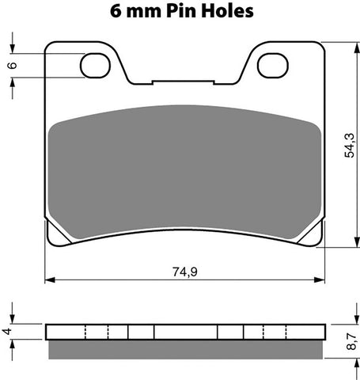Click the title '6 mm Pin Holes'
click(180, 11)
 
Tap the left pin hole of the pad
click(96, 63)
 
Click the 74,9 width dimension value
click(184, 271)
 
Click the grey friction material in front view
click(185, 170)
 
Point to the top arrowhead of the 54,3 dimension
click(351, 44)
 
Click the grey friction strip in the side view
click(185, 348)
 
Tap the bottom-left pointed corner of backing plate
click(47, 244)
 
